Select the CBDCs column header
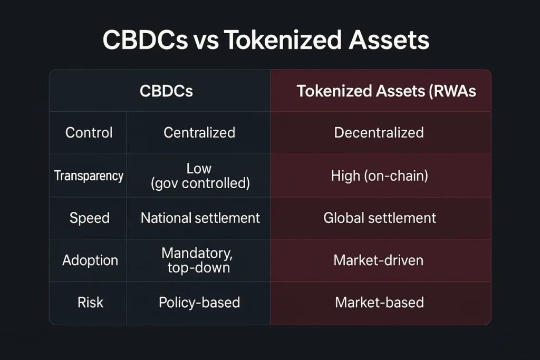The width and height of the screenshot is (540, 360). [x=166, y=91]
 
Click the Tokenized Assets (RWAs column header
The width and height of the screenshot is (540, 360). [x=387, y=91]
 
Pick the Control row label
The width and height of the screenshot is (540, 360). [x=89, y=132]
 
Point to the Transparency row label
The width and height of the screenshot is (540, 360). [x=89, y=176]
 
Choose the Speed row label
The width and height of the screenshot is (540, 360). [x=90, y=218]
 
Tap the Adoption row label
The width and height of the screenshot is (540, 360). [x=90, y=260]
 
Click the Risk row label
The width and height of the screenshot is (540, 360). [x=90, y=303]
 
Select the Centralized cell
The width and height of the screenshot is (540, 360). [x=199, y=132]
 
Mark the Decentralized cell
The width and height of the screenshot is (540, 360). [x=379, y=132]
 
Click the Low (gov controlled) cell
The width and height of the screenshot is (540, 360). [x=200, y=176]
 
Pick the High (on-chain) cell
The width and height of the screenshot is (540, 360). [x=380, y=176]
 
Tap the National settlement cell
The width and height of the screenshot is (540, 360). [x=200, y=218]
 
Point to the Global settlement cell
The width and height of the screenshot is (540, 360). [x=380, y=218]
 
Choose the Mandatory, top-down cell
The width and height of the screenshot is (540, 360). [x=198, y=260]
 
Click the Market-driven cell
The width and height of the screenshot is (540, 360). [x=379, y=260]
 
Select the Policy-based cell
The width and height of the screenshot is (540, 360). [x=199, y=303]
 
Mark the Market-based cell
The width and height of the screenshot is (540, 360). [x=379, y=303]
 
